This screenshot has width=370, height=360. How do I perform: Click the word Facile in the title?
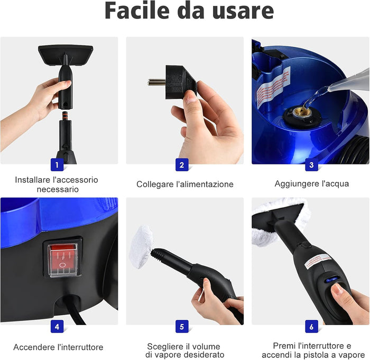[x=137, y=12]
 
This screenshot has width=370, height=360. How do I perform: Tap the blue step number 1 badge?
[x=57, y=164]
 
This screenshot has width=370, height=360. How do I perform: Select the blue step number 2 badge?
[x=182, y=164]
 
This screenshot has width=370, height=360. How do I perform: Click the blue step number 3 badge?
[x=311, y=164]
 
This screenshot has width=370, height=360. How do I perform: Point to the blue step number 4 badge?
[x=57, y=326]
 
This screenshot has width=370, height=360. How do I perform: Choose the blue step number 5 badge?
[x=182, y=326]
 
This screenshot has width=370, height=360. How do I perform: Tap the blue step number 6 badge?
[x=311, y=326]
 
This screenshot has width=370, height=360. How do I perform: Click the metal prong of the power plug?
[x=156, y=81]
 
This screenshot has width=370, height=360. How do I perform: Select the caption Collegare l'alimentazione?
[x=184, y=184]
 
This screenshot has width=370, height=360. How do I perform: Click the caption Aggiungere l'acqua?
[x=311, y=184]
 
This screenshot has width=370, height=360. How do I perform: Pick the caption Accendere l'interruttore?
[x=58, y=347]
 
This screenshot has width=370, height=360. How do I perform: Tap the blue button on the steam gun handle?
[x=331, y=281]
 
